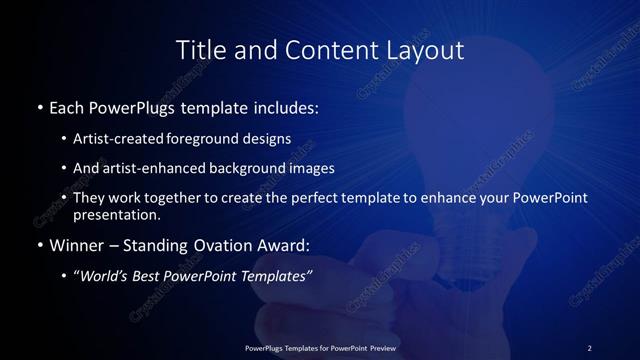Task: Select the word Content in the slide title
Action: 319,50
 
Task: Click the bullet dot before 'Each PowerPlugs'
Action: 39,106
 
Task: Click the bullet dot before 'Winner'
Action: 39,245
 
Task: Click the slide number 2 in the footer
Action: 589,347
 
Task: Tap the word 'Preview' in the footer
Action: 379,347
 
